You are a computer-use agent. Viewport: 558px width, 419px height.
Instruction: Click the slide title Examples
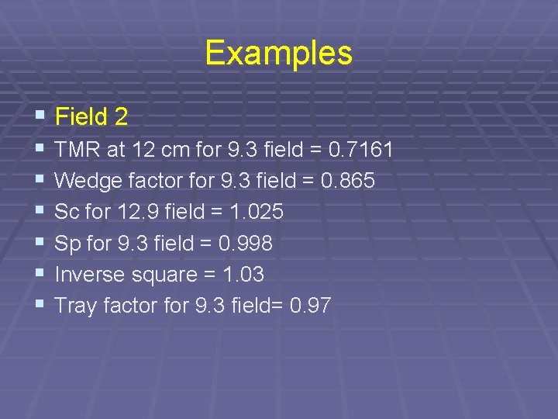click(x=278, y=54)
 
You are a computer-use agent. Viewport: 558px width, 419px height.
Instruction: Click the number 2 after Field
click(x=120, y=117)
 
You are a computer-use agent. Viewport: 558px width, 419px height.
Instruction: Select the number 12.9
click(x=136, y=212)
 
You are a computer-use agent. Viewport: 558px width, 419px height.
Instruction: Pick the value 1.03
click(x=242, y=275)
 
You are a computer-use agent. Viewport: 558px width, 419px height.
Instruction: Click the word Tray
click(x=75, y=306)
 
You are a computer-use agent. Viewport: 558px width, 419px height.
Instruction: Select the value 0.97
click(x=310, y=306)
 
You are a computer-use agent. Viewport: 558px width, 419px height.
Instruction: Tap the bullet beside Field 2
click(x=40, y=116)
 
